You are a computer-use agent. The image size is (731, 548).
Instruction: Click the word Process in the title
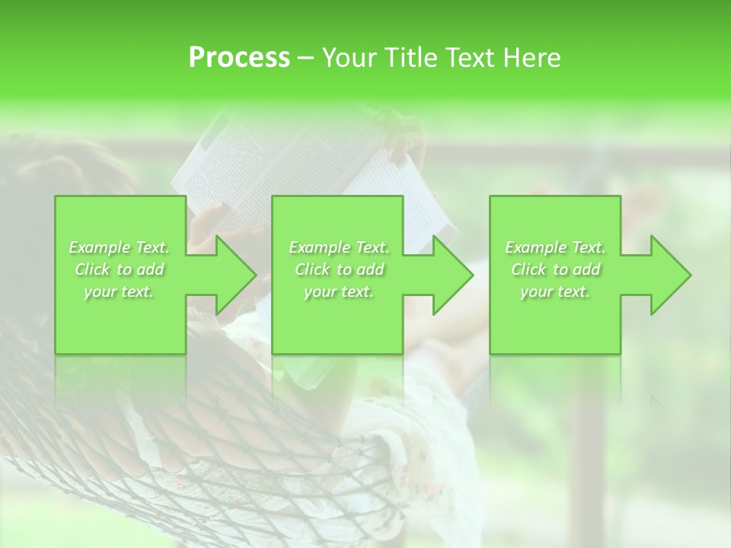coord(239,58)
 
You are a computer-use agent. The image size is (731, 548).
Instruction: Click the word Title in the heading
coord(408,58)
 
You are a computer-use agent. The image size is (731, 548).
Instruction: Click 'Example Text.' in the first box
coord(120,247)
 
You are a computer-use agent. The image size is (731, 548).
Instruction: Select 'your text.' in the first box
coord(120,292)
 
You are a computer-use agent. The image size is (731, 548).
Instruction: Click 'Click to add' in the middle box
coord(339,269)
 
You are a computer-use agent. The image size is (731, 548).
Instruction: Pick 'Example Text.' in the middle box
coord(339,247)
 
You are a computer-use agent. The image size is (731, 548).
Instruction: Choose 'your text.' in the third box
coord(555,292)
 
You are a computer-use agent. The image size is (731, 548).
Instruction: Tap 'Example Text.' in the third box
coord(555,247)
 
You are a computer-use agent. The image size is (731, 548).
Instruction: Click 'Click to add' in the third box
coord(555,269)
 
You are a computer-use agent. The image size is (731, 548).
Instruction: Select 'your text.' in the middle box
coord(339,292)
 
